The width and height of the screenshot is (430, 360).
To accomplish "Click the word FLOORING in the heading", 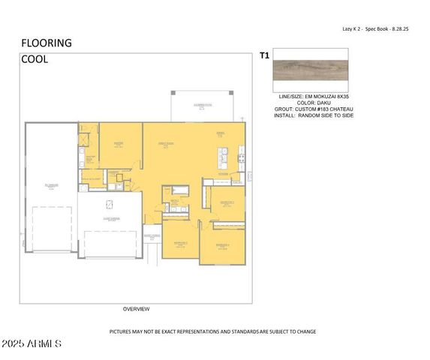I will point(47,43).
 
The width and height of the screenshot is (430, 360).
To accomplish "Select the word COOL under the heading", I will point(35,59).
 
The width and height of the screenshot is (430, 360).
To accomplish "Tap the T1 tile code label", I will point(264,55).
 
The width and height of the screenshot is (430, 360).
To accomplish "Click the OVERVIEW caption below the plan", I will point(136,309).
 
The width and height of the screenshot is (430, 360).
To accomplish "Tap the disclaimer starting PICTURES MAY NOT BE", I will point(212,331).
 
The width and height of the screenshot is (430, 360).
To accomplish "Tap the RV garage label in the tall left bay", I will point(50,185).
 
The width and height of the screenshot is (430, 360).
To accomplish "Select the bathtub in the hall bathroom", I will point(178,190).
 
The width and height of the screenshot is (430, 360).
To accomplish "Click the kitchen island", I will point(223,157).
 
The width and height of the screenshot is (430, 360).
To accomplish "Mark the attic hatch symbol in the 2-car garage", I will point(108,205).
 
